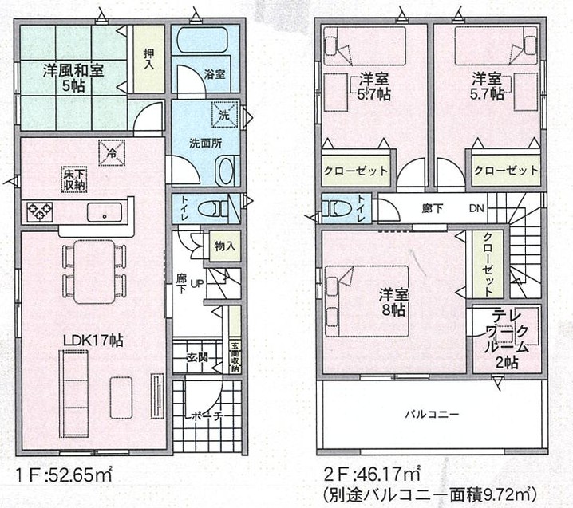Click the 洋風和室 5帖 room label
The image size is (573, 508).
tap(73, 78)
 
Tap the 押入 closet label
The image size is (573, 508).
tap(148, 60)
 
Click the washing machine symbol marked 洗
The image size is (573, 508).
tap(225, 114)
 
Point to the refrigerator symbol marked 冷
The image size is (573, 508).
tap(112, 152)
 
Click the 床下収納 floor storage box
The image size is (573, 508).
tap(73, 179)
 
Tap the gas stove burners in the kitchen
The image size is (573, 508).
tap(39, 212)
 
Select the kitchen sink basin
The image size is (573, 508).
tap(105, 212)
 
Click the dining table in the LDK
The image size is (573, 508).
tap(95, 272)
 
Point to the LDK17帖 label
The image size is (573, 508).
tap(93, 341)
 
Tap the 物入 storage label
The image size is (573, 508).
tap(225, 246)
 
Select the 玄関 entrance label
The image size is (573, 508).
tap(197, 356)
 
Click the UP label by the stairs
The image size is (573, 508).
tap(197, 283)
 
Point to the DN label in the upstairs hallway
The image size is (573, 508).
tap(476, 208)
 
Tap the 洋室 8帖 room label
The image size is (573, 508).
tap(393, 302)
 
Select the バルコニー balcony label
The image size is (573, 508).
tap(432, 414)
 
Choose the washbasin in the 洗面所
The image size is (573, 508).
tap(226, 171)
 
